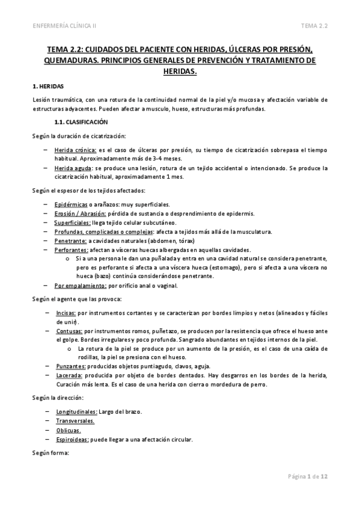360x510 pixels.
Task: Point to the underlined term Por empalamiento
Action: [77, 286]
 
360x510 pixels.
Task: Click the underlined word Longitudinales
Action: [76, 412]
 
